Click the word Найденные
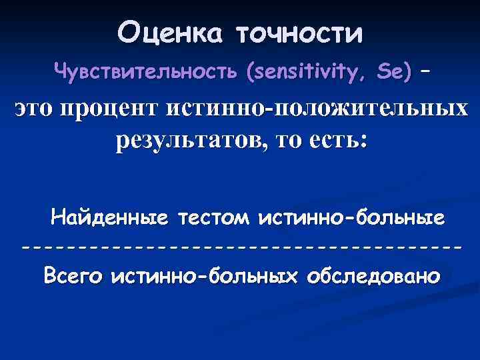click(111, 218)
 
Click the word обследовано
click(371, 275)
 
